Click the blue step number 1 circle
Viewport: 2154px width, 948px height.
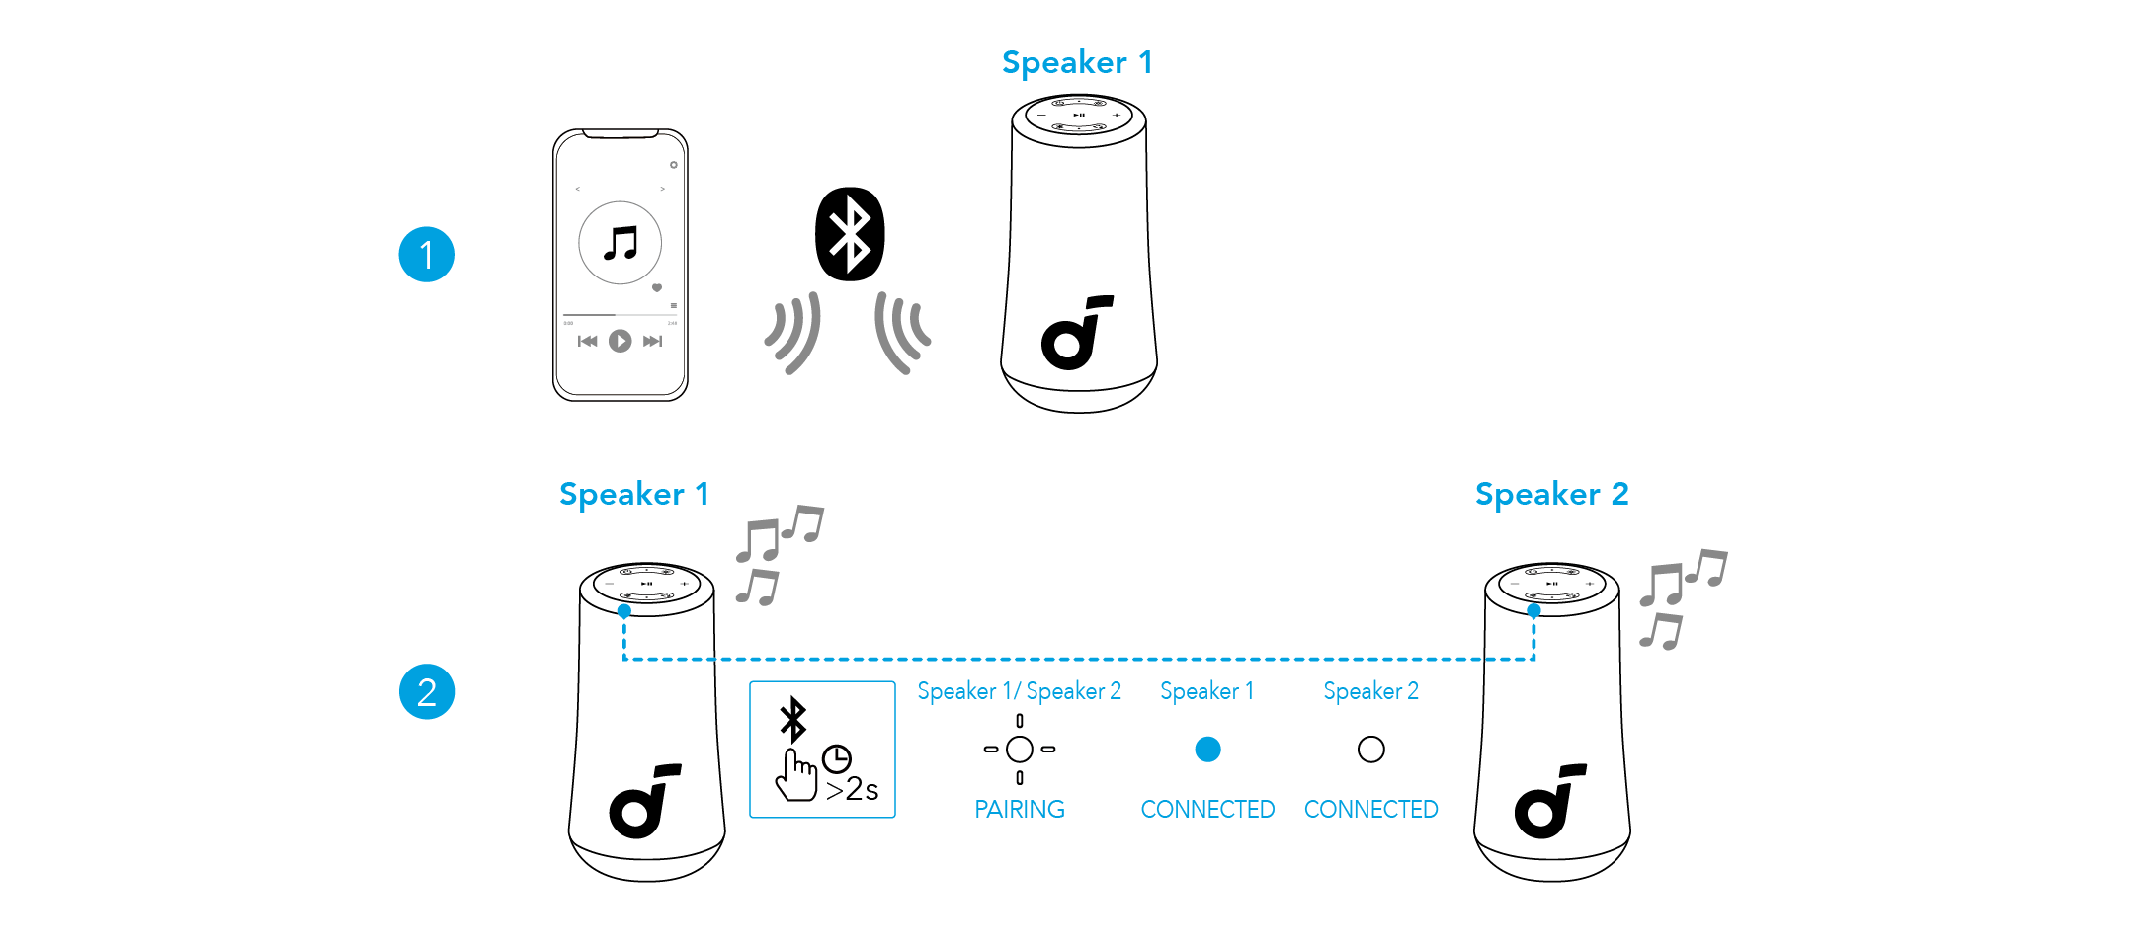(426, 255)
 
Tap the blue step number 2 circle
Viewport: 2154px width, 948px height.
(426, 691)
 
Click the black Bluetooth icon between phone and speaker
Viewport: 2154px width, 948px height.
(850, 234)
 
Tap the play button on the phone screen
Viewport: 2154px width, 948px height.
(620, 341)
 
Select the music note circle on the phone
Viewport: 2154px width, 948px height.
(620, 243)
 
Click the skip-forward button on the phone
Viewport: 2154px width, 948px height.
(652, 341)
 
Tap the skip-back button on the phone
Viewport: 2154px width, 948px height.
(587, 341)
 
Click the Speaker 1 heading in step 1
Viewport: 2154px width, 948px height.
(1076, 62)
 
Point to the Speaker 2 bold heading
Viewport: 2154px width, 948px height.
(1551, 494)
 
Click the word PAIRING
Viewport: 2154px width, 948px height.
(1020, 810)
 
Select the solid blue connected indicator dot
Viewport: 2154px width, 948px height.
(1207, 750)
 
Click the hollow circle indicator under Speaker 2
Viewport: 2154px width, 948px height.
(1370, 750)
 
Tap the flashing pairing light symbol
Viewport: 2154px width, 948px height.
(1020, 750)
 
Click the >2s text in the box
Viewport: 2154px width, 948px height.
(852, 790)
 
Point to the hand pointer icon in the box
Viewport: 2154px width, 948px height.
(795, 776)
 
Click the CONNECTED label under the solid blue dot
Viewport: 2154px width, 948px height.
(1207, 810)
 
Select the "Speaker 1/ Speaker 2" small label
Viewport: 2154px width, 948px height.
(1019, 691)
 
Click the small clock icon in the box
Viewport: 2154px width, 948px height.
(837, 757)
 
